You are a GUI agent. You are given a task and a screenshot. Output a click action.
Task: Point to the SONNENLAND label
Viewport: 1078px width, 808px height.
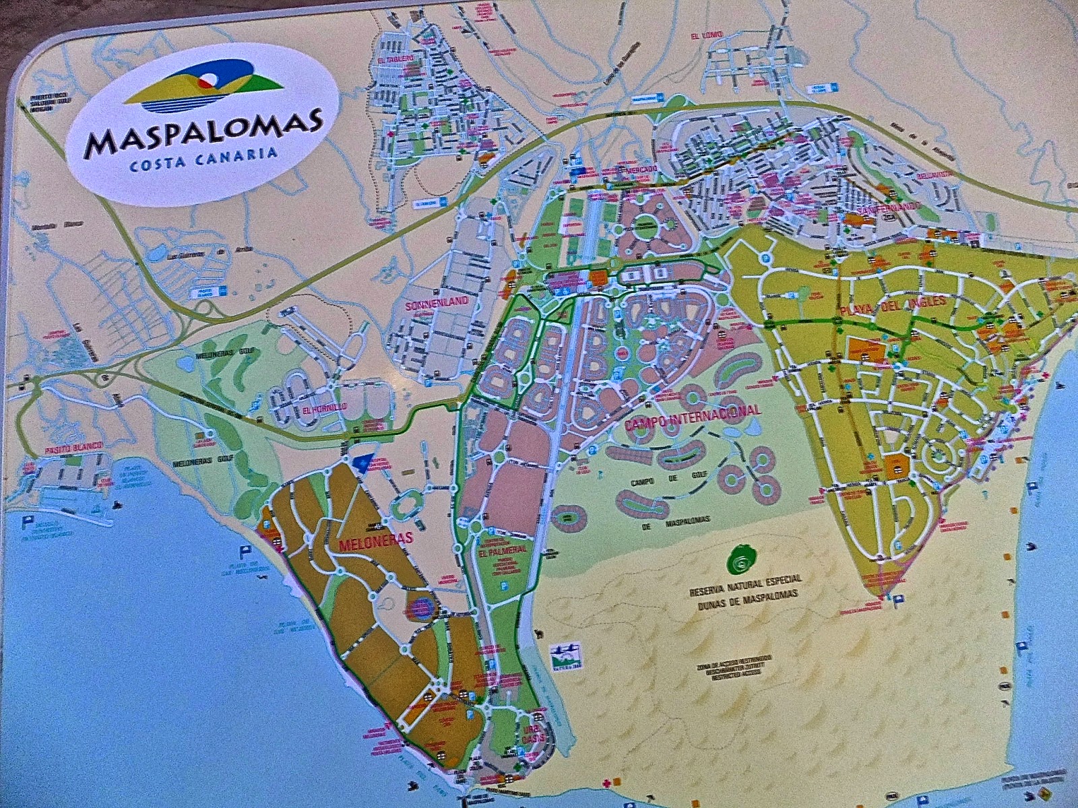point(437,304)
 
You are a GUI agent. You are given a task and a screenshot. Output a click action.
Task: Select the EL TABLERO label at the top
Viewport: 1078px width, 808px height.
point(395,60)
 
